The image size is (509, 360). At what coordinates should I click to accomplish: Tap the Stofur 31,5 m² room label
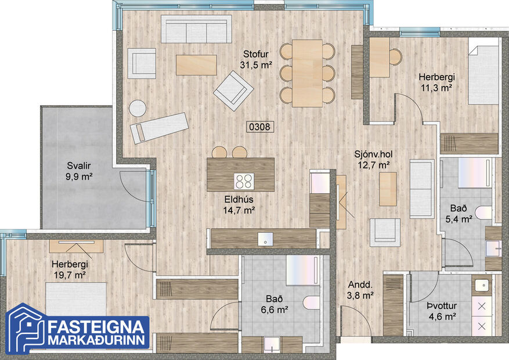coord(256,60)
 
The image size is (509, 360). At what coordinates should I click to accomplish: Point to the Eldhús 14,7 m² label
coord(240,206)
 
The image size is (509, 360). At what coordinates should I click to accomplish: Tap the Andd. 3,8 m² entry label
coord(360,290)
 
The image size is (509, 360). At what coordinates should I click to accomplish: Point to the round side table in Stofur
coord(138,109)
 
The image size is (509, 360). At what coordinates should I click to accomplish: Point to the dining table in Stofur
coord(307,73)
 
